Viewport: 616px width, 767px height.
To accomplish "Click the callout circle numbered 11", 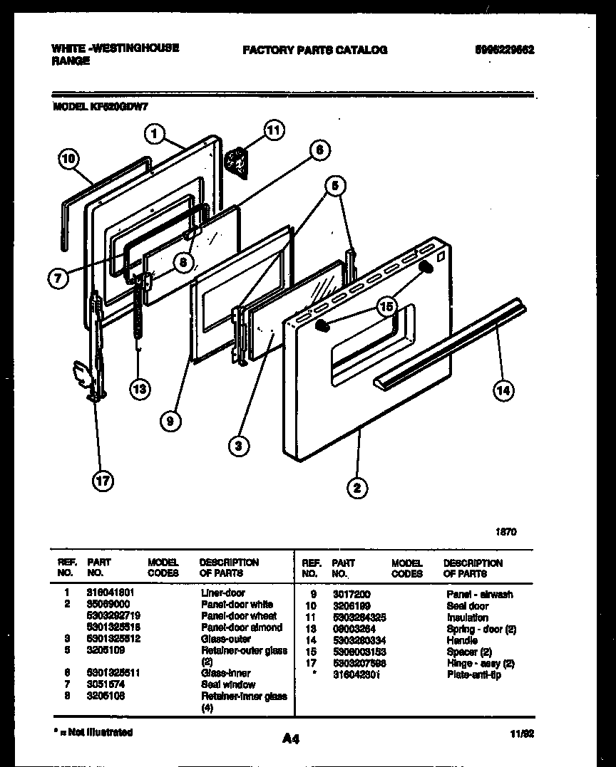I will coord(273,130).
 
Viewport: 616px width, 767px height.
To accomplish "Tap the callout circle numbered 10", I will coord(68,160).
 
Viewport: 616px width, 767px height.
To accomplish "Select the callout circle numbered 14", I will coord(503,389).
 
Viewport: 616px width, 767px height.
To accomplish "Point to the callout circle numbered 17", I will coord(103,481).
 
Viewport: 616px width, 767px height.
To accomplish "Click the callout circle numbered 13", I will coord(140,388).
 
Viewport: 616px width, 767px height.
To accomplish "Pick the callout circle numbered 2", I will coord(357,487).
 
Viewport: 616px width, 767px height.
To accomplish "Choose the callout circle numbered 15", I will coord(386,308).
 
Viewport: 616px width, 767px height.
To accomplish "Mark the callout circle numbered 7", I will coord(59,278).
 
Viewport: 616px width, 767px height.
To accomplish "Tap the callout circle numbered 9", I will coord(170,421).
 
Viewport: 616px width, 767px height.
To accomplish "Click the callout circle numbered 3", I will coord(240,446).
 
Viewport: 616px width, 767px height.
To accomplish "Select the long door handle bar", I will coord(449,343).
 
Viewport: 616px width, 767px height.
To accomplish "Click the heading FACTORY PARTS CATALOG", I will coord(314,50).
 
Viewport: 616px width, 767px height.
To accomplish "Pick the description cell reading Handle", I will coord(462,640).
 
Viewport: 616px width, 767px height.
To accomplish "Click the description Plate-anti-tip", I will coord(473,674).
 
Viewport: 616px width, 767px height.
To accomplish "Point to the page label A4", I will coord(290,739).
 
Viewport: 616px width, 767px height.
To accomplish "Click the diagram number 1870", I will coord(505,531).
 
